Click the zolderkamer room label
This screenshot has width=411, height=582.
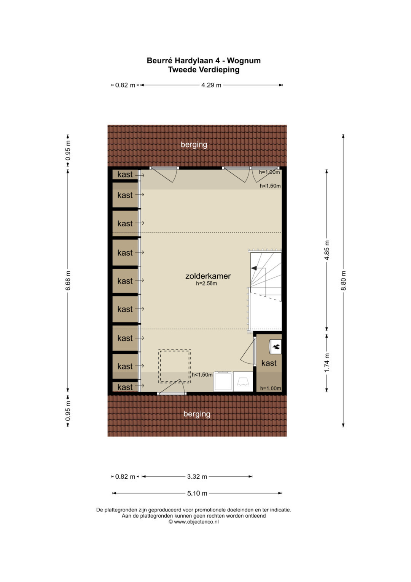(x=208, y=276)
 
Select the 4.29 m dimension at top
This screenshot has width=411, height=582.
(x=211, y=85)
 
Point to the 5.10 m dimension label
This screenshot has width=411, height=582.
(x=197, y=493)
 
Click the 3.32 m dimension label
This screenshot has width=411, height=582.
(x=197, y=476)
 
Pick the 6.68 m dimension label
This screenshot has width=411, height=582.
(x=68, y=281)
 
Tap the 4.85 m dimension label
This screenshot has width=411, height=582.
(x=327, y=250)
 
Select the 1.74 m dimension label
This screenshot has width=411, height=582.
(x=327, y=363)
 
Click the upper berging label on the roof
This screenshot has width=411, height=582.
(x=194, y=145)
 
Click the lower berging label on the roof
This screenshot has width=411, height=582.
(x=197, y=414)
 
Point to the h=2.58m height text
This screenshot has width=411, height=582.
(x=206, y=284)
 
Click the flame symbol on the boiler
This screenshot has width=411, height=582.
(x=276, y=346)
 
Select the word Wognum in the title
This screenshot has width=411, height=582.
(x=244, y=61)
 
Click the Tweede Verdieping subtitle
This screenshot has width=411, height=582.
(x=204, y=70)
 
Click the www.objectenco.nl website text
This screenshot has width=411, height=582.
(x=196, y=521)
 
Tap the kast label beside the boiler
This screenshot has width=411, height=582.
(x=269, y=363)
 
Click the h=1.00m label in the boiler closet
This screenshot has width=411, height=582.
(x=270, y=388)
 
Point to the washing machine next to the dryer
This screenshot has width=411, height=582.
(x=223, y=382)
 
